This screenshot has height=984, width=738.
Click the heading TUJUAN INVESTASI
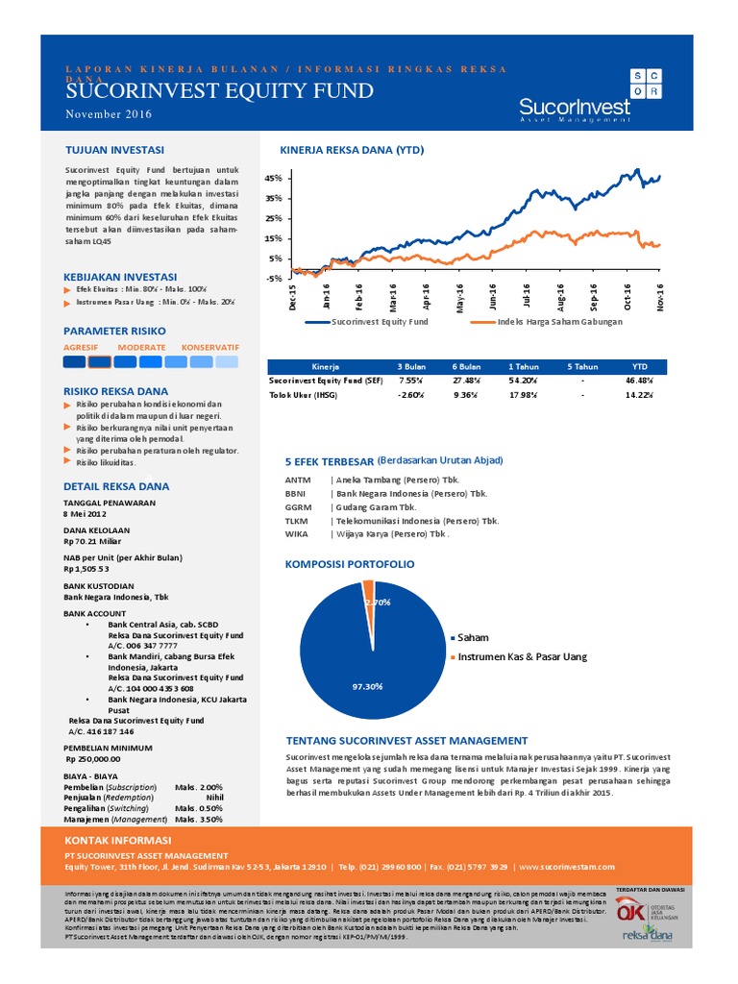(113, 150)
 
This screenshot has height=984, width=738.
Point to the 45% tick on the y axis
(273, 179)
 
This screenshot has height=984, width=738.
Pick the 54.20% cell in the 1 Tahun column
(523, 381)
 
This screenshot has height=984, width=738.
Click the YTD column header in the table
(640, 366)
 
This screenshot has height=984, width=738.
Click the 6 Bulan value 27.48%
(466, 381)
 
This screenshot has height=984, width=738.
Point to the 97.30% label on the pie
(367, 686)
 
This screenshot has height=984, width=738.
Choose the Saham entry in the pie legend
(472, 637)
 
